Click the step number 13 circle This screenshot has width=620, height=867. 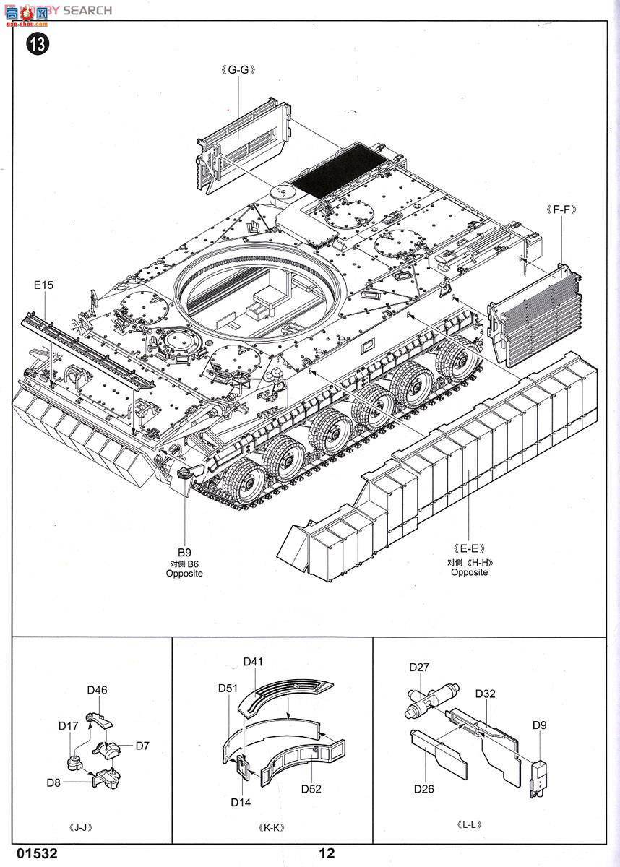tap(37, 45)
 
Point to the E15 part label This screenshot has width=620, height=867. tap(43, 285)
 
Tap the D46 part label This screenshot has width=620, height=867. tap(97, 690)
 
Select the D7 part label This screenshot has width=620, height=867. tap(142, 746)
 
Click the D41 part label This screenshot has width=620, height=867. tap(253, 661)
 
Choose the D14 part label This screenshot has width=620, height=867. tap(241, 802)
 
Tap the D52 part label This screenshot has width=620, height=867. tap(311, 788)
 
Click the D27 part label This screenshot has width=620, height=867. tap(419, 668)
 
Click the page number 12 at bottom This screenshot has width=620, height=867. tap(326, 853)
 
